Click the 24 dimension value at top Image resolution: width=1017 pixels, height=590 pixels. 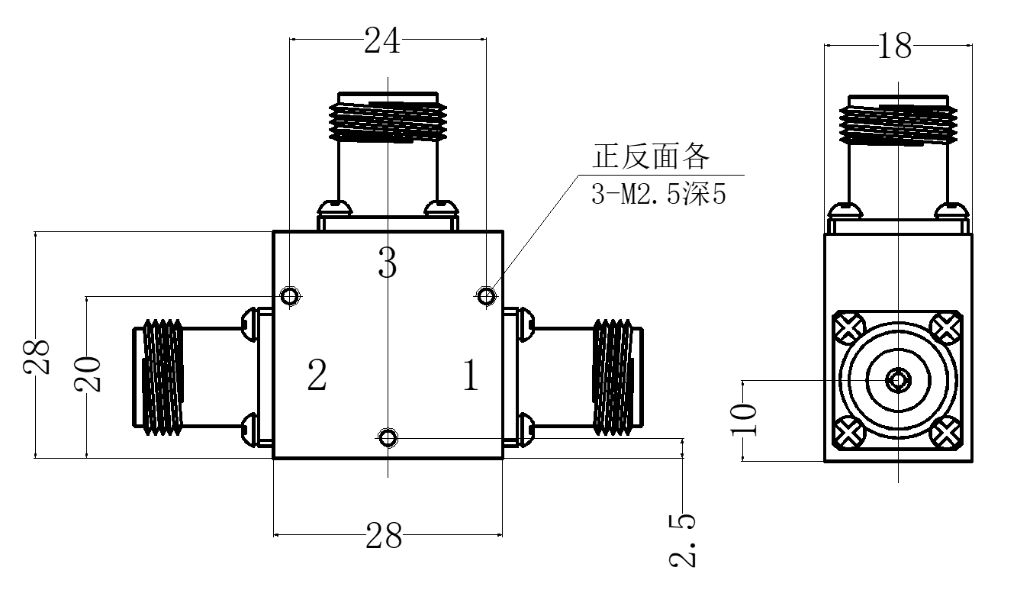coord(382,40)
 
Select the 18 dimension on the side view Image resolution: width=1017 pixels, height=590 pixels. coord(895,46)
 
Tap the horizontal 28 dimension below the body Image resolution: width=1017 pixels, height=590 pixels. coord(384,536)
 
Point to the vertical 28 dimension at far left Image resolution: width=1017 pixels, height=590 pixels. coord(37,357)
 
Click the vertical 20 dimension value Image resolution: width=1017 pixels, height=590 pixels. coord(87,374)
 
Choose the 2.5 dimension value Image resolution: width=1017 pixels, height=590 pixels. coord(682,540)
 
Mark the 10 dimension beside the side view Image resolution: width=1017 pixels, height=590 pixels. coord(744,419)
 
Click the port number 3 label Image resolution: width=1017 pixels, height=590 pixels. coord(388,262)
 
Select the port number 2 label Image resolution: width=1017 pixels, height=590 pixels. coord(317,375)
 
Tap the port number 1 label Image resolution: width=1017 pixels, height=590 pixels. coord(471,375)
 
